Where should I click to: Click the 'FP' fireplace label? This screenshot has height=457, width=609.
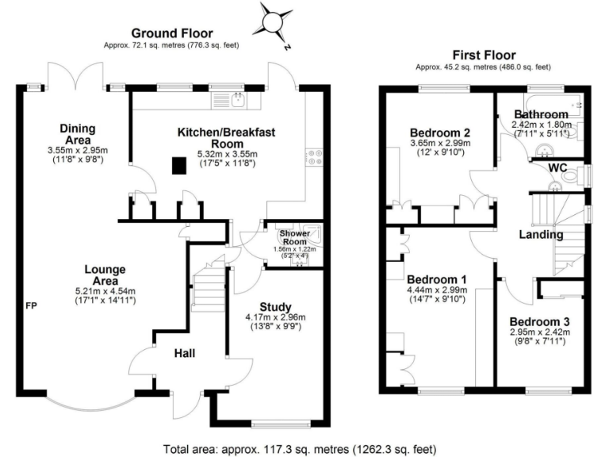pos(31,305)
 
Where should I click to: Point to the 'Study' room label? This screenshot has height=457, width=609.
pos(275,307)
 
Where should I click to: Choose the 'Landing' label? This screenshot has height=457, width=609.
pos(542,234)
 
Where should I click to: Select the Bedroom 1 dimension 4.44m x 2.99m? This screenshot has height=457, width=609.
pos(436,291)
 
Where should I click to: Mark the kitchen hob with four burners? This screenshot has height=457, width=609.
pos(313,157)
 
